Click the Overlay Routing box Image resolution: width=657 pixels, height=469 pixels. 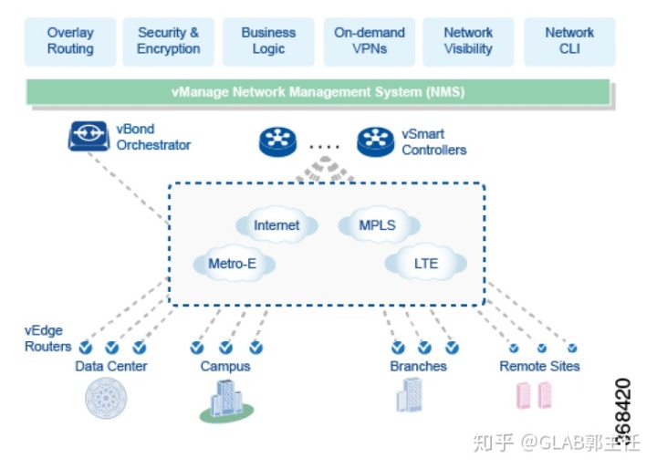point(70,41)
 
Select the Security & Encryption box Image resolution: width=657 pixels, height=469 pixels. point(168,41)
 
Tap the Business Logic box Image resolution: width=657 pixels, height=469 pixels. point(268,41)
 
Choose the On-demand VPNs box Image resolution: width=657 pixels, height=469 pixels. point(369,41)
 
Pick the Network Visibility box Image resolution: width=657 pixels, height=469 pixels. point(468,41)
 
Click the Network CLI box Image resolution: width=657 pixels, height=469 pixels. point(569,41)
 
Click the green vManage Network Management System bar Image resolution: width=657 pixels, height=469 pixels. point(317,92)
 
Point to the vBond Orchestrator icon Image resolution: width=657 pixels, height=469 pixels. point(89,137)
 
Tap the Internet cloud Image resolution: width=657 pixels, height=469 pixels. point(276,225)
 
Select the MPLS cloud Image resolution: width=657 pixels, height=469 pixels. point(378,224)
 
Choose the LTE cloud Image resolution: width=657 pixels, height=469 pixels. point(426,265)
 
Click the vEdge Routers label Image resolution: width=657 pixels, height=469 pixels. point(47,339)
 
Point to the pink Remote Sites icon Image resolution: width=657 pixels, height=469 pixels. point(535,395)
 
